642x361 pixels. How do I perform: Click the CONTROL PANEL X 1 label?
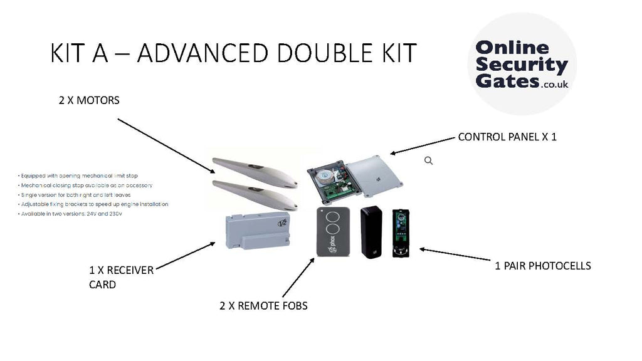507,137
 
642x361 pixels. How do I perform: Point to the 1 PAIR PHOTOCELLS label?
543,266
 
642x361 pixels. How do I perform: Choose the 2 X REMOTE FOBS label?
263,306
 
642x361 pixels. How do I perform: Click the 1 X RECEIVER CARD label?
121,276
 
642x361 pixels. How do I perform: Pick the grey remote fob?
332,231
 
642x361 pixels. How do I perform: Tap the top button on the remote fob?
333,217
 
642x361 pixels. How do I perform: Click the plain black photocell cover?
371,231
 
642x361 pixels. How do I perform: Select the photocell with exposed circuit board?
401,231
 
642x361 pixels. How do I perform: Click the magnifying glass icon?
429,161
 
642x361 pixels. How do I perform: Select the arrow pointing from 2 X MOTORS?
166,145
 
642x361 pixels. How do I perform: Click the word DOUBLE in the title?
328,54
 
